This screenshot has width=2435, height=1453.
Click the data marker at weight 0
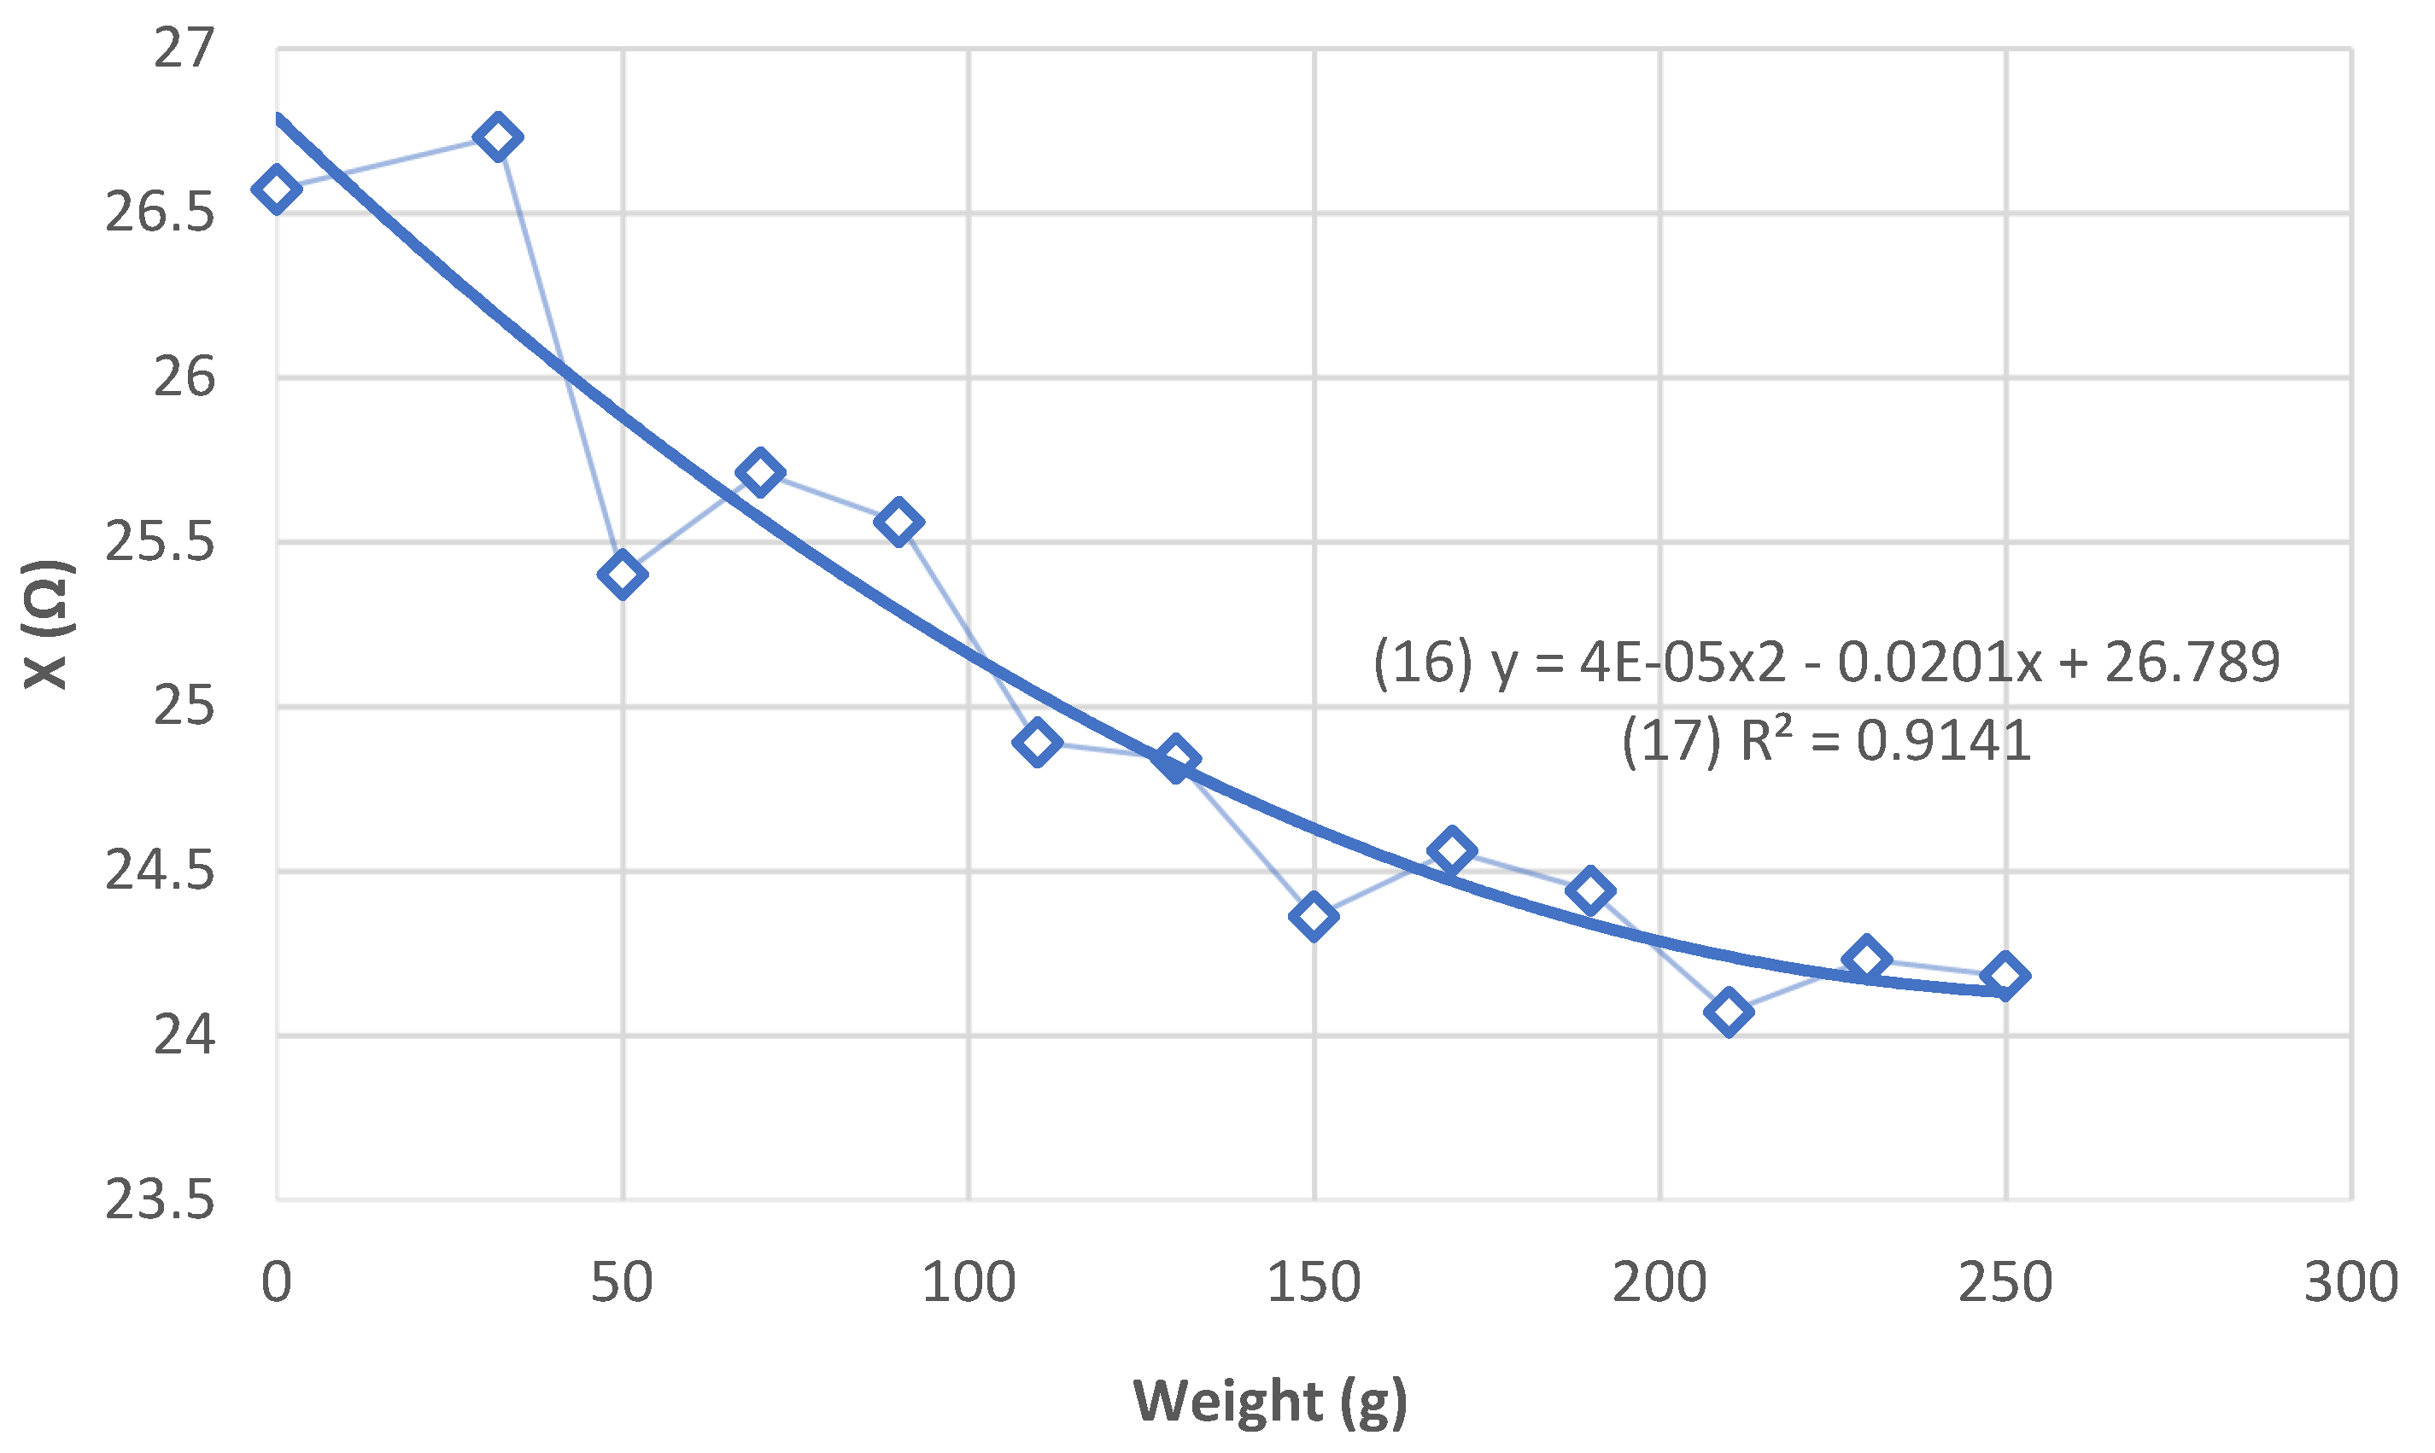[x=276, y=189]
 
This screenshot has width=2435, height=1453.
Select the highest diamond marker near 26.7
[x=498, y=137]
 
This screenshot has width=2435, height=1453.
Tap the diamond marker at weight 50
[x=622, y=574]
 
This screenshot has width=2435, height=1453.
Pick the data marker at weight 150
[x=1314, y=916]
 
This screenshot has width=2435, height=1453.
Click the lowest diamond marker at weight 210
[x=1729, y=1012]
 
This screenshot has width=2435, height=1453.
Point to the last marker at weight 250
[x=2005, y=975]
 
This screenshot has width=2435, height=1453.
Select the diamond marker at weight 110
[x=1037, y=742]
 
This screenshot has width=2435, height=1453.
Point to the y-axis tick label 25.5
[x=160, y=542]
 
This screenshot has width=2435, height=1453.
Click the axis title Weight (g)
[x=1270, y=1401]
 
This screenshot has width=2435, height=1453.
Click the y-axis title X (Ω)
[x=45, y=625]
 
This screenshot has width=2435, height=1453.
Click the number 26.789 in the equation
[x=2193, y=662]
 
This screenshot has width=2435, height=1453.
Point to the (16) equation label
[x=1422, y=662]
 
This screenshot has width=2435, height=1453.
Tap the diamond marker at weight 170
[x=1453, y=850]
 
